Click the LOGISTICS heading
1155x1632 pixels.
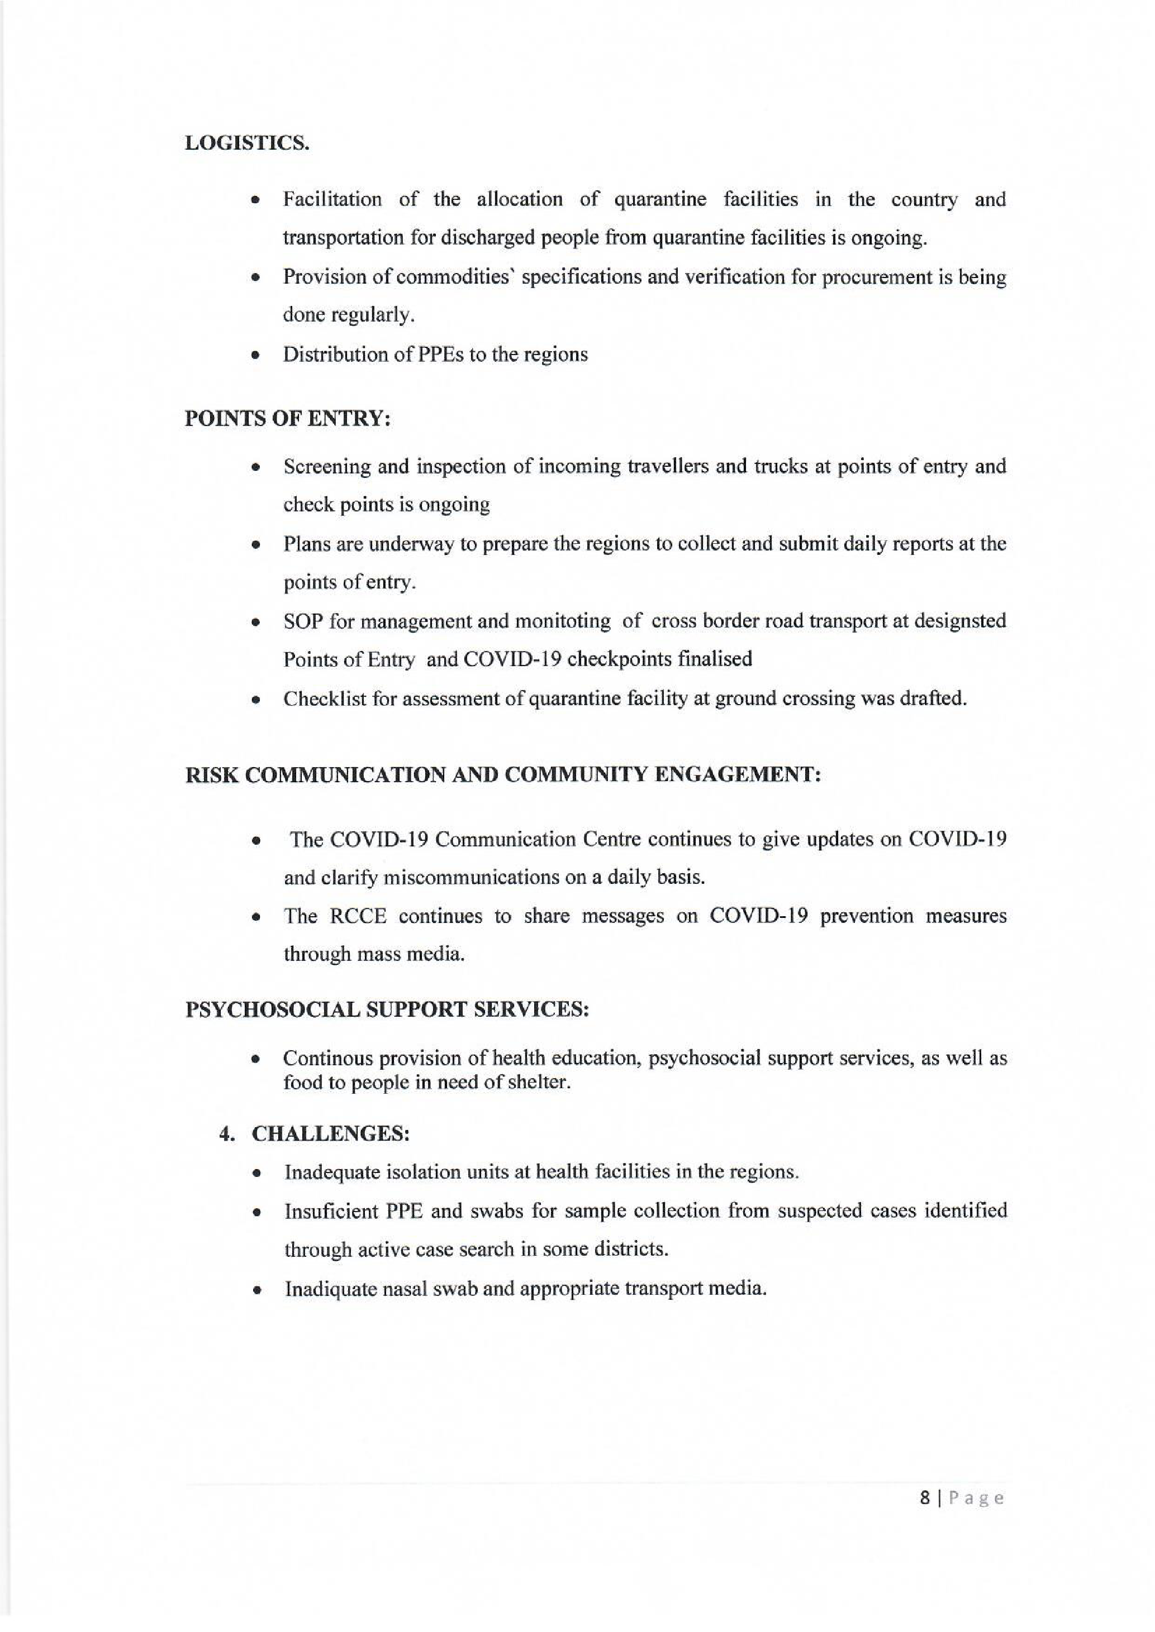coord(247,143)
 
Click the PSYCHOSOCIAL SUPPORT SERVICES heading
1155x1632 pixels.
coord(387,1009)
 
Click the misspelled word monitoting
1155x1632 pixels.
coord(562,621)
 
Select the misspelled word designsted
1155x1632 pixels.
coord(959,621)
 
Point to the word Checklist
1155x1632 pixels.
coord(324,698)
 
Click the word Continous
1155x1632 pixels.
coord(326,1059)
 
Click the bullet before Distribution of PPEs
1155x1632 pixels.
coord(255,355)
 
